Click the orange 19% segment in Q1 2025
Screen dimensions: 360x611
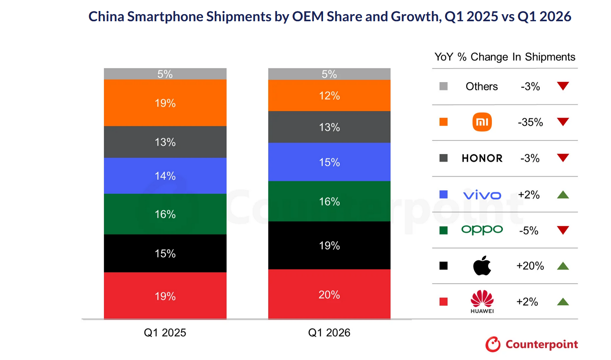click(165, 103)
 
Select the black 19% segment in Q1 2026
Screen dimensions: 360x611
click(329, 245)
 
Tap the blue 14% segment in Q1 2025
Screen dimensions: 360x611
click(165, 175)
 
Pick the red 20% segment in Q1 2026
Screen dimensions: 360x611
click(329, 294)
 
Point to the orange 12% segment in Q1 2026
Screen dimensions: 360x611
click(329, 96)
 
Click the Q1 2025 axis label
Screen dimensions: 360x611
click(165, 332)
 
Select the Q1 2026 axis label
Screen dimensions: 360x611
click(329, 332)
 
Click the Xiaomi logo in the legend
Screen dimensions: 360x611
click(482, 122)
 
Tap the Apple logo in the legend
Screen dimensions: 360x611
click(482, 266)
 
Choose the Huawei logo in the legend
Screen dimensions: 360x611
click(482, 301)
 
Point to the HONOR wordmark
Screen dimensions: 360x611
click(482, 158)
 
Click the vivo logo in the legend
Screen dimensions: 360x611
click(482, 195)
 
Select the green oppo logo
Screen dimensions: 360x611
click(482, 230)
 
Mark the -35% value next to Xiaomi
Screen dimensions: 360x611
click(530, 122)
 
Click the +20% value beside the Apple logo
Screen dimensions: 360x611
click(530, 266)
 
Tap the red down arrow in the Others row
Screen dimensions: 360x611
click(563, 86)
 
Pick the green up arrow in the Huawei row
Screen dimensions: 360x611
click(563, 302)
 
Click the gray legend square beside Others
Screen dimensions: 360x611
click(443, 86)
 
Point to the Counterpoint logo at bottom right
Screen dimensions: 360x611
click(532, 344)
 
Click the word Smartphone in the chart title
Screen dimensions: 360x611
click(165, 17)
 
